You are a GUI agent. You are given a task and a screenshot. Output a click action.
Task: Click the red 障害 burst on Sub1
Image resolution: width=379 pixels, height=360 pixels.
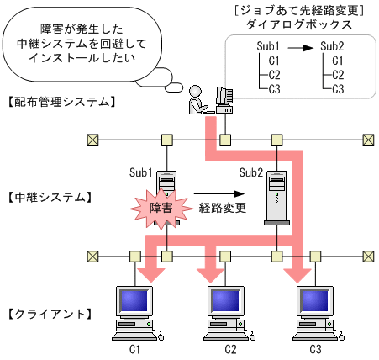tap(156, 207)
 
